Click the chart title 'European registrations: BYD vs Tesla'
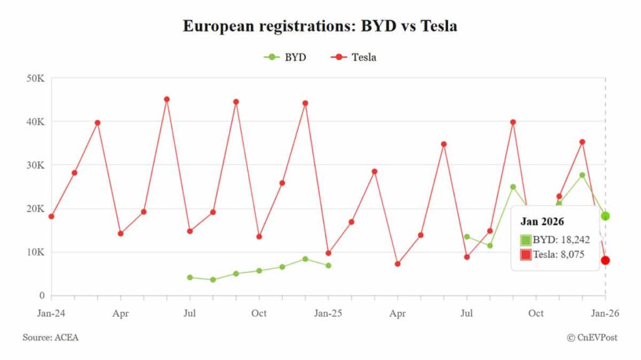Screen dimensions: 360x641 pyautogui.click(x=320, y=26)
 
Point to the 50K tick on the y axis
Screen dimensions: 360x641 pyautogui.click(x=35, y=78)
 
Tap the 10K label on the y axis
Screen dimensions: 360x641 pyautogui.click(x=35, y=252)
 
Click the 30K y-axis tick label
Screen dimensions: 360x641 pyautogui.click(x=35, y=165)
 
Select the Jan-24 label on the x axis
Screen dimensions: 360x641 pyautogui.click(x=52, y=312)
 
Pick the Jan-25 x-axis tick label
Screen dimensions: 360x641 pyautogui.click(x=328, y=312)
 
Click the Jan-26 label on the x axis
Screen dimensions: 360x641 pyautogui.click(x=605, y=312)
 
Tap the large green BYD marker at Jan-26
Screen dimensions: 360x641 pyautogui.click(x=605, y=216)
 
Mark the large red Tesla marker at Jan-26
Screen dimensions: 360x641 pyautogui.click(x=605, y=260)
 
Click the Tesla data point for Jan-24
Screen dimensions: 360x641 pyautogui.click(x=51, y=217)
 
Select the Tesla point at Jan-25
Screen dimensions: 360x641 pyautogui.click(x=328, y=253)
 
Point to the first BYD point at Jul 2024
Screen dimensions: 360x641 pyautogui.click(x=190, y=277)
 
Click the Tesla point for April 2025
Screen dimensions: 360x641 pyautogui.click(x=397, y=264)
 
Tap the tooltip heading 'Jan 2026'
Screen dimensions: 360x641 pyautogui.click(x=542, y=222)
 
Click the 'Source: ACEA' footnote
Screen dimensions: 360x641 pyautogui.click(x=51, y=337)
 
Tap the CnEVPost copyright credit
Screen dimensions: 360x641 pyautogui.click(x=592, y=337)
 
